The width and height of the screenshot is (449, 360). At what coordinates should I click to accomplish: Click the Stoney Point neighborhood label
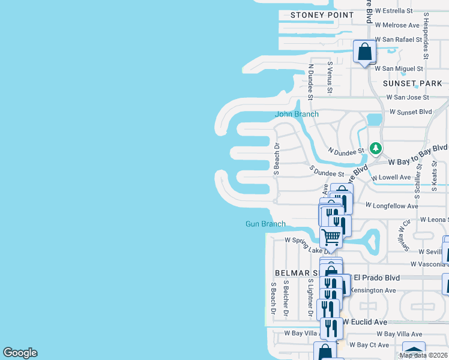click(x=322, y=15)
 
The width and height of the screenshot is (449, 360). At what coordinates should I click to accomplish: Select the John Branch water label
click(x=297, y=114)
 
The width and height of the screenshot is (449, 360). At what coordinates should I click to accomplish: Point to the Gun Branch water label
click(x=265, y=224)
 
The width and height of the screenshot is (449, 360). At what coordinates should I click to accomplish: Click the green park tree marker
click(x=376, y=148)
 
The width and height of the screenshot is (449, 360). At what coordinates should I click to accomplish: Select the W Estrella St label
click(x=394, y=11)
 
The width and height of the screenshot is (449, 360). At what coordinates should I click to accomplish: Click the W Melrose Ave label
click(x=397, y=25)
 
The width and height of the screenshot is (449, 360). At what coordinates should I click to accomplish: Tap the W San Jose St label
click(x=408, y=97)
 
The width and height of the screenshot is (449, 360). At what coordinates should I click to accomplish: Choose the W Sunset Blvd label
click(x=411, y=112)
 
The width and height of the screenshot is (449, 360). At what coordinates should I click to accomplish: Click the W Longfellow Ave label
click(x=392, y=206)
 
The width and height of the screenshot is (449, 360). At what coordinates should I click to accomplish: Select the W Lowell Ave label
click(x=391, y=178)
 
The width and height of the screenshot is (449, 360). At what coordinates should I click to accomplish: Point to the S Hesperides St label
click(x=426, y=36)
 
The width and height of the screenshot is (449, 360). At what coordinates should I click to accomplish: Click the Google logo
click(x=20, y=353)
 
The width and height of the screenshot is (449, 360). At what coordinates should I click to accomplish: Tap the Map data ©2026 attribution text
click(x=423, y=355)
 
